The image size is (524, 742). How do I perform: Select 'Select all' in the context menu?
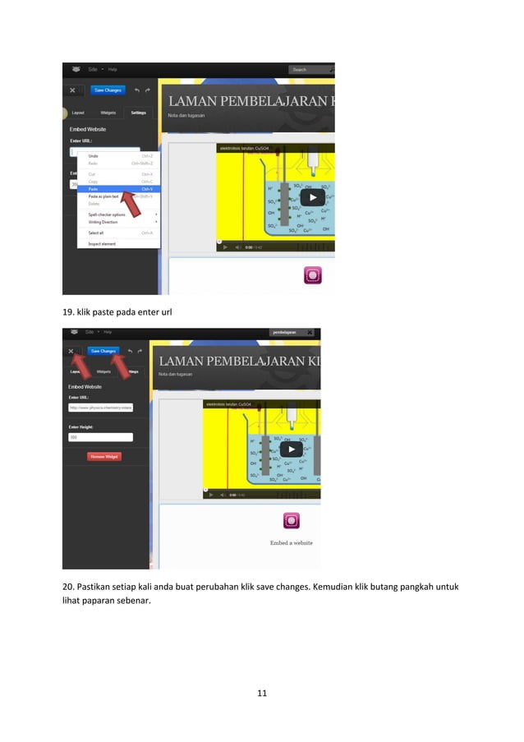97,233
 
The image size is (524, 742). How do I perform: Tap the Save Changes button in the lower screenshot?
103,351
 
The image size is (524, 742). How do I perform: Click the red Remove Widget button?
104,456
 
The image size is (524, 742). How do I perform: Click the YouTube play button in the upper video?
310,197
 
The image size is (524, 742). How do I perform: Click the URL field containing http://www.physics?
100,406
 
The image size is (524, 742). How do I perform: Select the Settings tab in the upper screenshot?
139,113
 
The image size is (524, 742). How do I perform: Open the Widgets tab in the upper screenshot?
108,113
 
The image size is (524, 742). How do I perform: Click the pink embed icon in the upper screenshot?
313,274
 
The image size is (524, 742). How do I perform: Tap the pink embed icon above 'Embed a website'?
291,520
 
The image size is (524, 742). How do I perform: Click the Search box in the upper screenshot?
309,70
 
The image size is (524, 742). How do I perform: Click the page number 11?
262,694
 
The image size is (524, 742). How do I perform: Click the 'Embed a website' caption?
291,542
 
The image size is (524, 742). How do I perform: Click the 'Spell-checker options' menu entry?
107,214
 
